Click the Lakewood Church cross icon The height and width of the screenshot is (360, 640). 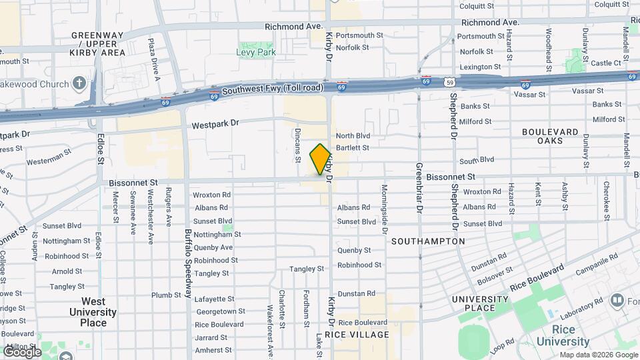coord(79,84)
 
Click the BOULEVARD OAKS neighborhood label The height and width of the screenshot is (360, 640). coord(550,137)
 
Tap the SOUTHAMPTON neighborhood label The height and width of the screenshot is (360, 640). coord(428,241)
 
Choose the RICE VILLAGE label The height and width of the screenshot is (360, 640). coord(362,334)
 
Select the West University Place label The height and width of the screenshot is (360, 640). coord(93,312)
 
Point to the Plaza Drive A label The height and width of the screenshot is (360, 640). coord(155,59)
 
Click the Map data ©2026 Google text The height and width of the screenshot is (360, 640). coord(598,355)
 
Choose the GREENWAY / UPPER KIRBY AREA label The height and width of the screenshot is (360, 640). coord(98,43)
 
